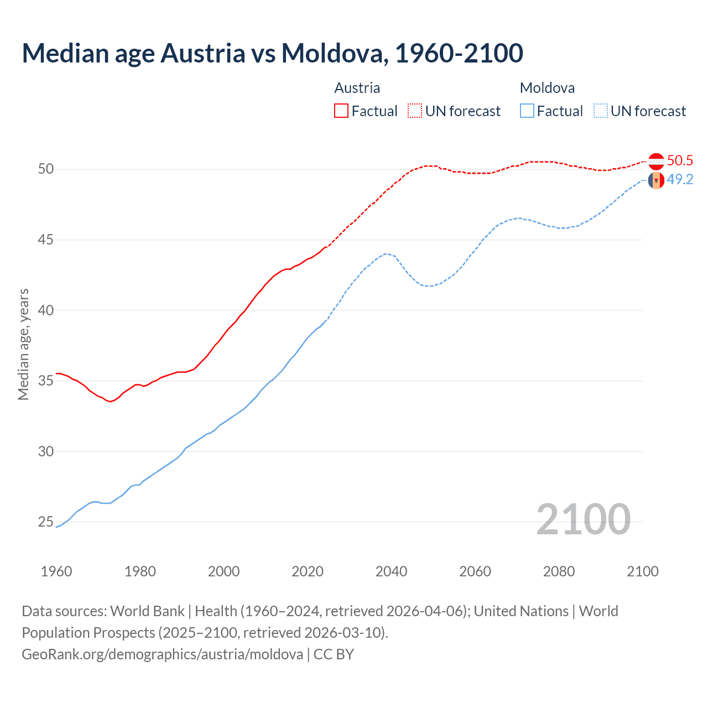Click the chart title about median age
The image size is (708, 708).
272,53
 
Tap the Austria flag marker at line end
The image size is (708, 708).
656,162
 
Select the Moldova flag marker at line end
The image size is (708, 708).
656,180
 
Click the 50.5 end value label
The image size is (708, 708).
680,160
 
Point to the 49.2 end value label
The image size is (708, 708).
680,180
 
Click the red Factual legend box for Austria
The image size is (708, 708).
341,111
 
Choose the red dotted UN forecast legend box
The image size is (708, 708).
415,111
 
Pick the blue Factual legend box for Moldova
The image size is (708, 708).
527,111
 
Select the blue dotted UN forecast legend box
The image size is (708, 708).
601,111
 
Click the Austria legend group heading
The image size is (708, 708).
357,88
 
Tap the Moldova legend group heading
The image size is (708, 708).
547,88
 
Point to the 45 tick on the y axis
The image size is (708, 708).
46,240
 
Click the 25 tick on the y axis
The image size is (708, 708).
46,522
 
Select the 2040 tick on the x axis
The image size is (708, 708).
391,571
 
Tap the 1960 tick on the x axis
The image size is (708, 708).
56,571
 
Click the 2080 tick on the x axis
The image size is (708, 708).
559,571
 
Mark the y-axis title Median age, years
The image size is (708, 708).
23,344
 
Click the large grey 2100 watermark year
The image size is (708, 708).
583,519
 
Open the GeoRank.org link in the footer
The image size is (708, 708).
162,654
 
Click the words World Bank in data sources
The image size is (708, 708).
147,611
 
